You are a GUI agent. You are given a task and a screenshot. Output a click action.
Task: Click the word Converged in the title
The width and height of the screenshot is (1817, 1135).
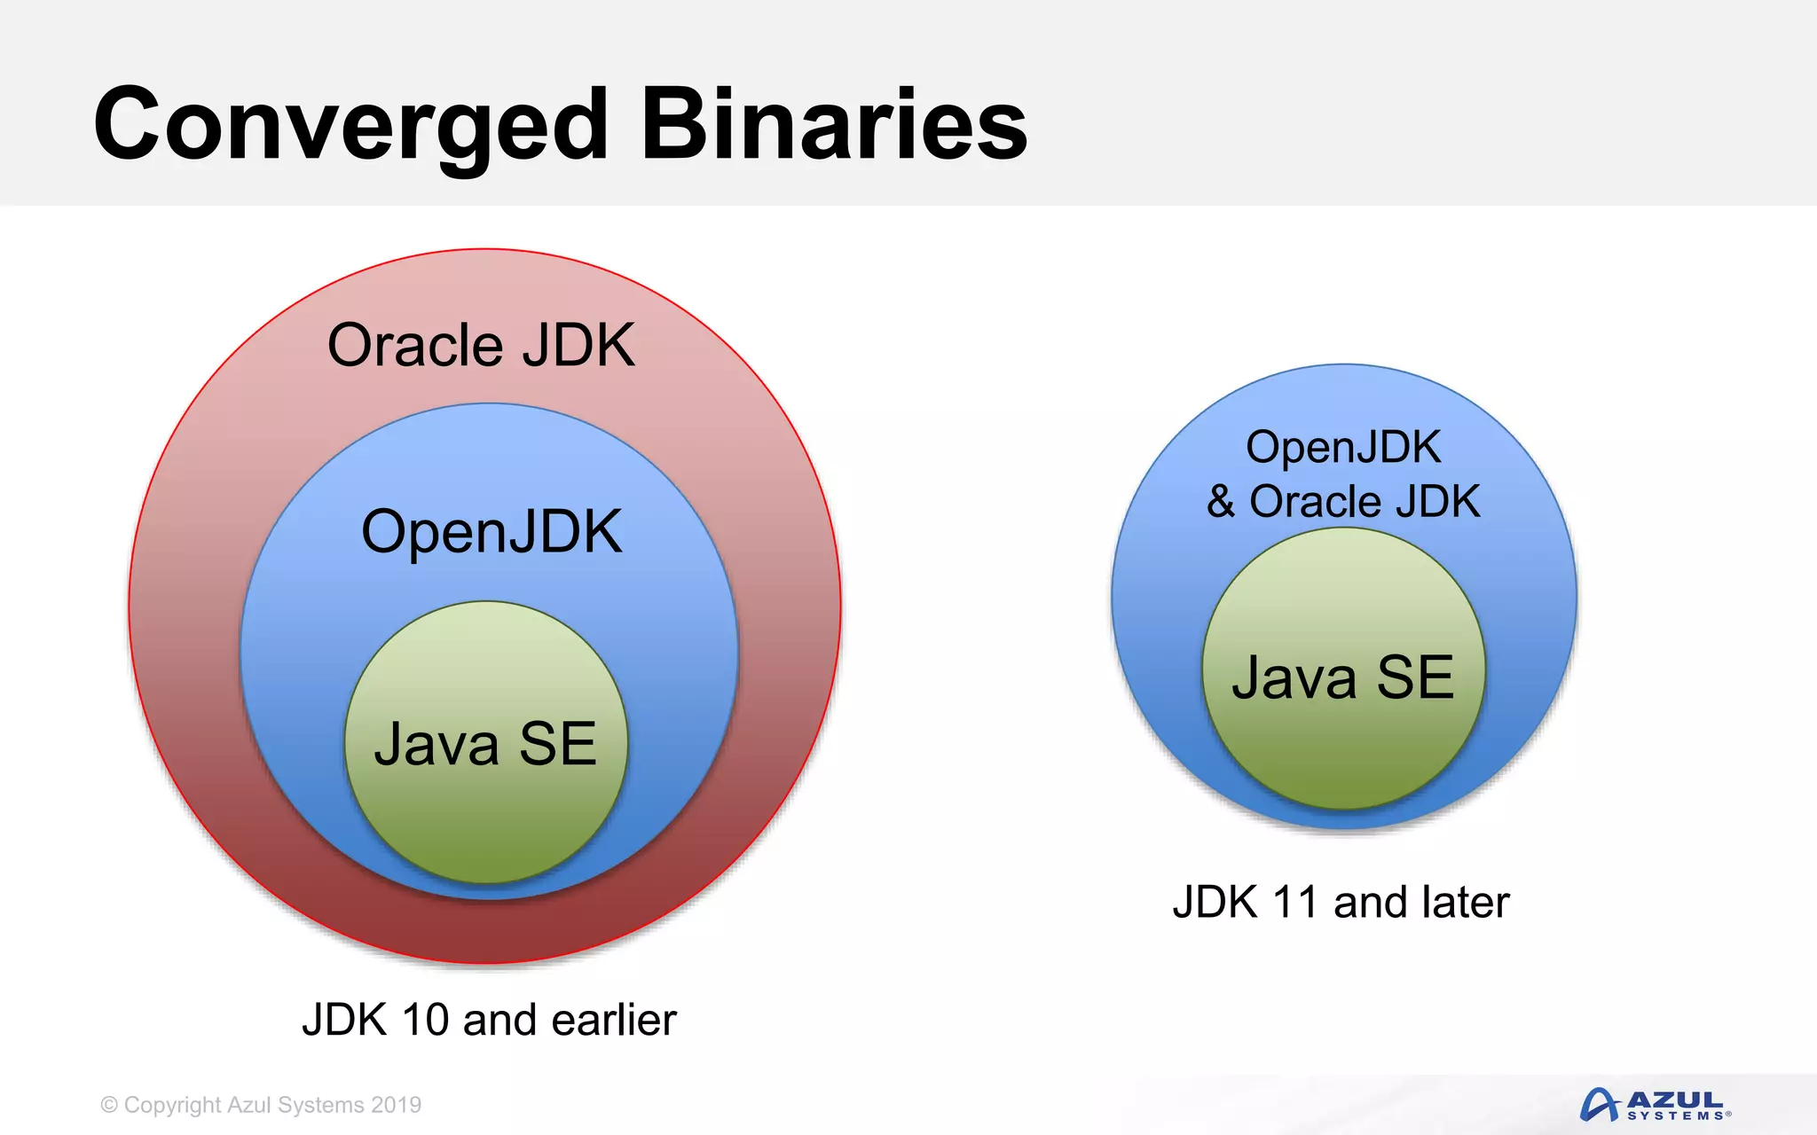[350, 126]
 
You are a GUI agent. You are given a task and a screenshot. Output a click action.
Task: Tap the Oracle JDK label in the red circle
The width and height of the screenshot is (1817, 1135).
[481, 345]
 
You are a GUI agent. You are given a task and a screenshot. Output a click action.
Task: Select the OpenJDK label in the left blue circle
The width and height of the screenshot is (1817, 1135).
[492, 532]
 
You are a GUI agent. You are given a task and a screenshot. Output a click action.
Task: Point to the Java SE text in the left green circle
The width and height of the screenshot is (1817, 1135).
[485, 743]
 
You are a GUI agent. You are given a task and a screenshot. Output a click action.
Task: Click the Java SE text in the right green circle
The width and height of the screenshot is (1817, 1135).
[1343, 677]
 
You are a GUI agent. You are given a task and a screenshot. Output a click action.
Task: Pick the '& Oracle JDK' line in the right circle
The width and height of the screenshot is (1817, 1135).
[1343, 501]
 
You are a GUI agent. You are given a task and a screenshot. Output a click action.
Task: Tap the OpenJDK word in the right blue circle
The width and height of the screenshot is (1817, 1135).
[1343, 446]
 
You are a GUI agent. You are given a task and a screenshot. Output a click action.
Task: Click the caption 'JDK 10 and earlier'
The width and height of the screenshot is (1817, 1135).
[489, 1020]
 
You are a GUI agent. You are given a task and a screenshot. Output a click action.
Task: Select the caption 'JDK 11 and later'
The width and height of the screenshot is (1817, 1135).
[1341, 902]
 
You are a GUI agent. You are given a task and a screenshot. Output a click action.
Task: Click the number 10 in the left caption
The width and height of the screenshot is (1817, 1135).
[425, 1020]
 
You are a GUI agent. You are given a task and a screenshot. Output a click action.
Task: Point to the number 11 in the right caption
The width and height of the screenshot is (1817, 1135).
[1294, 902]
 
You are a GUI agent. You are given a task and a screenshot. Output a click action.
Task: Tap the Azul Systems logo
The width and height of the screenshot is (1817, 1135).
[1656, 1105]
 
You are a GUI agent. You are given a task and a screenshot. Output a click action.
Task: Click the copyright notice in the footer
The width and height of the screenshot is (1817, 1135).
[261, 1105]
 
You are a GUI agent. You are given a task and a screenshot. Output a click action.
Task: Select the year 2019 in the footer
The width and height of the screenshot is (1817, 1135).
[397, 1105]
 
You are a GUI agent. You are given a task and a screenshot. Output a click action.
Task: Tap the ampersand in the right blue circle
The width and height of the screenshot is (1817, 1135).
[1221, 501]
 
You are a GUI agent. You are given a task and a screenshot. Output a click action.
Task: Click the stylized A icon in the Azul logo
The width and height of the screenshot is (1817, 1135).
[1600, 1105]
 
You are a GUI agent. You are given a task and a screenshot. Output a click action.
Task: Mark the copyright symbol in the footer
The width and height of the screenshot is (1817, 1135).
[109, 1105]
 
